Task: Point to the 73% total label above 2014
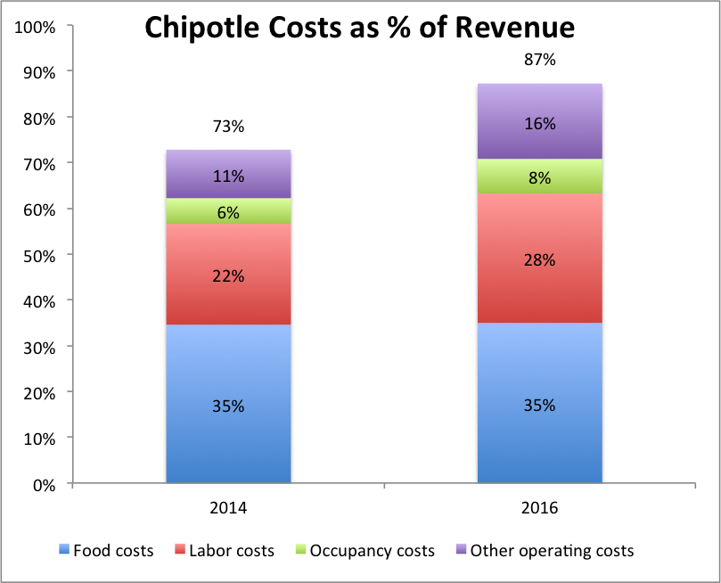(228, 127)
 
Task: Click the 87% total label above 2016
(540, 61)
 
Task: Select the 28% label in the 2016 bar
(540, 260)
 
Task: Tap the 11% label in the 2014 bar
(228, 177)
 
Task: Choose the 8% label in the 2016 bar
(540, 178)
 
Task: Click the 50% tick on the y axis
(39, 256)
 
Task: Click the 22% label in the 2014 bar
(228, 276)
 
